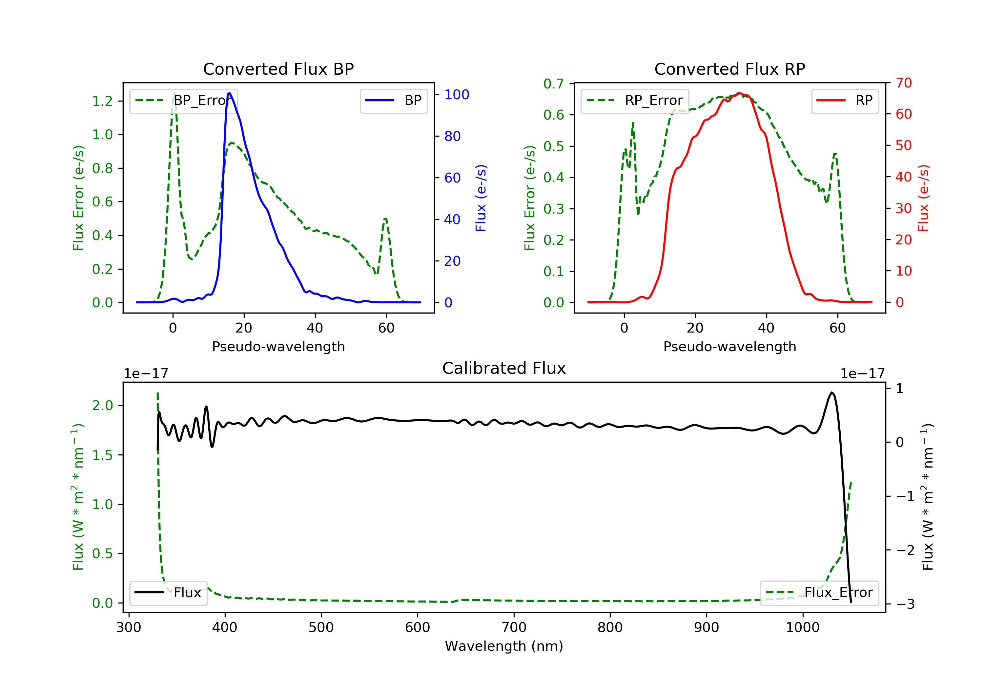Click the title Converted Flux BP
tap(278, 69)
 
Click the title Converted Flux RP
tap(729, 69)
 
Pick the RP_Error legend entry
tap(635, 101)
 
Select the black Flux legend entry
tap(169, 593)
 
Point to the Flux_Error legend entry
tap(819, 593)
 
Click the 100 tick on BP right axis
tap(457, 95)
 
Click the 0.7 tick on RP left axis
tap(554, 84)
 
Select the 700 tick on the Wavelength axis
tap(514, 628)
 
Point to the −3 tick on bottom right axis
tap(905, 604)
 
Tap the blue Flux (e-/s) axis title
tap(481, 198)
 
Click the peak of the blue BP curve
tap(230, 93)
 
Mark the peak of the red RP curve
tap(739, 93)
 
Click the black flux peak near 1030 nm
tap(831, 392)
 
